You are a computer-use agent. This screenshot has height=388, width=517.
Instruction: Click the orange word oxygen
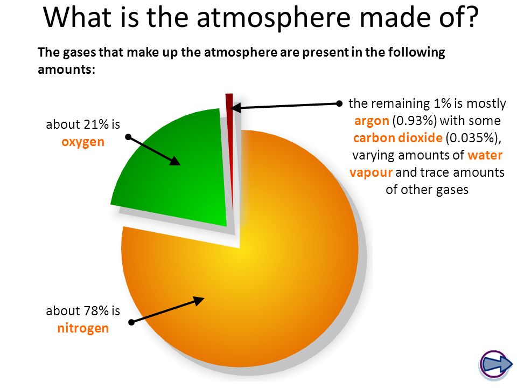83,142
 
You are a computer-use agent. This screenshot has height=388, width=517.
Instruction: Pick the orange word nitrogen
83,328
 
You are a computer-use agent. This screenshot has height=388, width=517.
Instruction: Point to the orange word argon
372,121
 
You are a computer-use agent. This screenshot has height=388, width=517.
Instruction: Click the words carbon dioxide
397,138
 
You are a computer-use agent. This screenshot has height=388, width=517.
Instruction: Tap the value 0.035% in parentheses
472,138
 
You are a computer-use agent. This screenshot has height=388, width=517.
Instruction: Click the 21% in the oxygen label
96,124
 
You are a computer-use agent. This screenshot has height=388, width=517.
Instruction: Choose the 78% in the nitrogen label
96,311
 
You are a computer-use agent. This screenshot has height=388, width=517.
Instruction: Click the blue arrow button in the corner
495,364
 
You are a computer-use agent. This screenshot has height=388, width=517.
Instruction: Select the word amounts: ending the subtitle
66,70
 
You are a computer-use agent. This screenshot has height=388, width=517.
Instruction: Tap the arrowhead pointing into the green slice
174,161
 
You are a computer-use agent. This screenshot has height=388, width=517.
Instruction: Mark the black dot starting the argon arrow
339,103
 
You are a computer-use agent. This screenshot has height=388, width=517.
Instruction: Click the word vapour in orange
371,172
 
